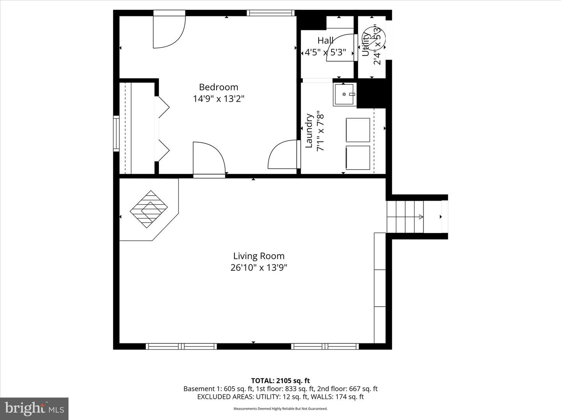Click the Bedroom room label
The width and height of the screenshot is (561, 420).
pos(218,87)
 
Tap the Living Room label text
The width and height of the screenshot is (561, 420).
pos(259,256)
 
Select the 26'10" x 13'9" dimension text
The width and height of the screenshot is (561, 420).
pos(259,268)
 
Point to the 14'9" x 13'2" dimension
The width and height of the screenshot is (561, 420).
pos(218,99)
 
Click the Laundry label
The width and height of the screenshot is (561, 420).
pos(309,131)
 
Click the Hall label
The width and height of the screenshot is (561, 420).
pos(325,40)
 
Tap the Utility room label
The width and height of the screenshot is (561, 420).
pos(366,44)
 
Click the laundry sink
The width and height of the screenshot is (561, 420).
pos(344,94)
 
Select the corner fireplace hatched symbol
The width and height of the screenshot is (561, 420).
pos(148,209)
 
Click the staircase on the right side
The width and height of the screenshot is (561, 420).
pos(405,217)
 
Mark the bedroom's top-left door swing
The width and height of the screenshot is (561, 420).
pos(168,31)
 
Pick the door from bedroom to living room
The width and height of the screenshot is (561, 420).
pos(209,159)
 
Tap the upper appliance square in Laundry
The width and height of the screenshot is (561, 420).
pos(358,130)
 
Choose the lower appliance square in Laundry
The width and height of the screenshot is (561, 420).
pos(358,158)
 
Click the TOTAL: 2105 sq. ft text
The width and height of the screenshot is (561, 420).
pos(280,381)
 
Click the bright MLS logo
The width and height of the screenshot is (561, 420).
pos(34,408)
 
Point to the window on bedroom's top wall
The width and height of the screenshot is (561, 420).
pos(270,13)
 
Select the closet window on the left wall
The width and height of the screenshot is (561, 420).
pos(116,133)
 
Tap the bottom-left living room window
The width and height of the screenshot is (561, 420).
pos(181,346)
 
